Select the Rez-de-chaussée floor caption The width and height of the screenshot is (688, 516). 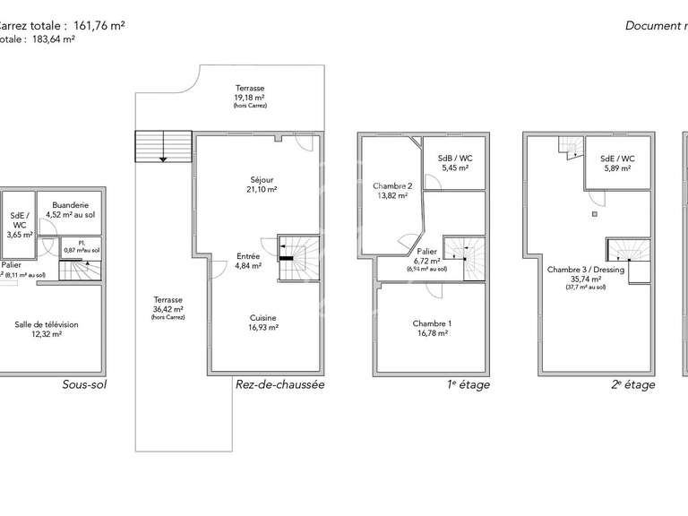pos(279,384)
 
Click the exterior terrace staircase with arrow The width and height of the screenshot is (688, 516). pos(163,146)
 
